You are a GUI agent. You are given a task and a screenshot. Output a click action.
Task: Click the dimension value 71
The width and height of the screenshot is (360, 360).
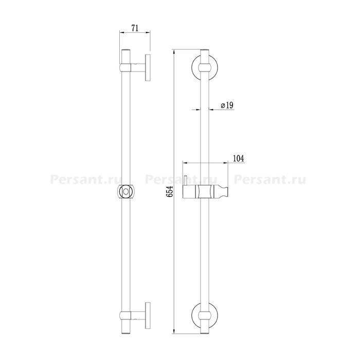coord(135,28)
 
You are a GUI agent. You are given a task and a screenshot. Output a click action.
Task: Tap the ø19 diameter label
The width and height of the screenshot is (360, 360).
coord(227,105)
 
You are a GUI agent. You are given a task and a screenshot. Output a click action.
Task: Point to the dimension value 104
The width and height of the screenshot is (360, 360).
coord(239,158)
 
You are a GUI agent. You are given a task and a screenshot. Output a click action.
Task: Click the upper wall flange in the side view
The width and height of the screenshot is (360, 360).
coord(148,67)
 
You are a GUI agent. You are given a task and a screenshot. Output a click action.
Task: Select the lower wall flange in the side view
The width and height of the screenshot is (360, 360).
coord(148,315)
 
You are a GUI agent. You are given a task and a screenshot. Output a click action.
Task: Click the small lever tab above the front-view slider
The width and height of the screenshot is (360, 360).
coord(185,180)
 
